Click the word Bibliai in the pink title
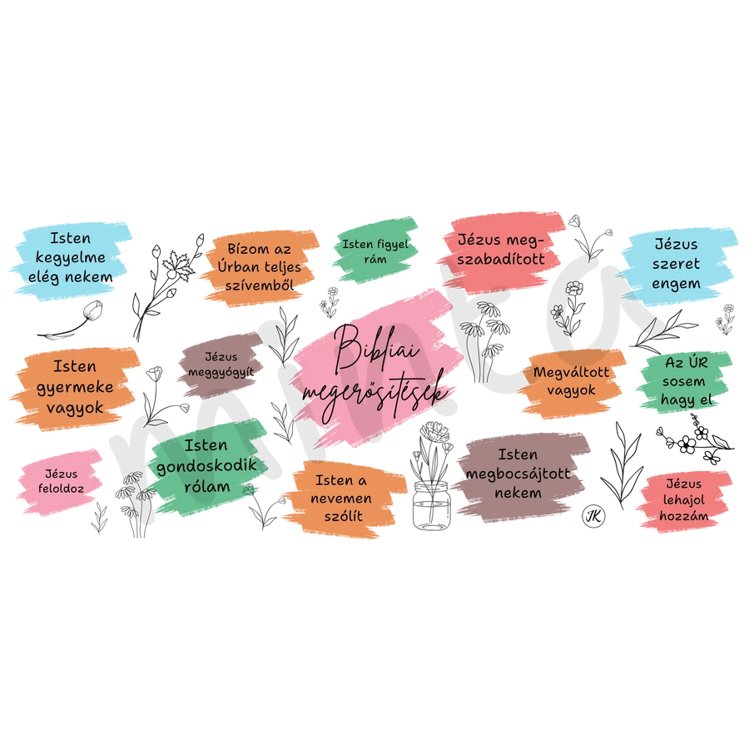[377, 348]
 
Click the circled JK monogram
[593, 516]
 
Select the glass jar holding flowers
[431, 505]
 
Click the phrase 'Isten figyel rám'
[375, 251]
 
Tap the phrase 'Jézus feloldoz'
[61, 482]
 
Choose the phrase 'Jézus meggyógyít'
[221, 365]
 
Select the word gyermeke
[75, 388]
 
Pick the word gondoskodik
[207, 466]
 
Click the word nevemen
[341, 499]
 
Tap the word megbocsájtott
[518, 474]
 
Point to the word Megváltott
[571, 372]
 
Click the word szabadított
[501, 259]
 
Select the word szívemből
[260, 285]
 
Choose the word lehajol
[683, 500]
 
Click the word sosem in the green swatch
[683, 381]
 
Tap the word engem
[676, 285]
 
